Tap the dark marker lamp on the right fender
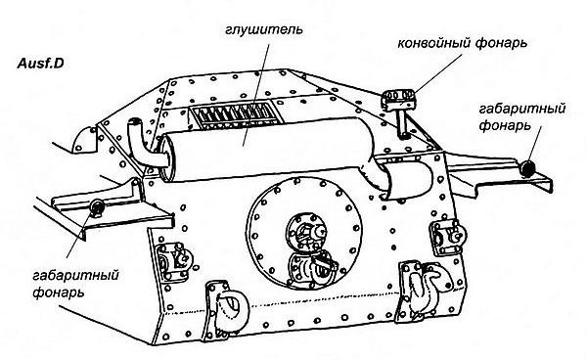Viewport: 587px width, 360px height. click(x=528, y=169)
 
